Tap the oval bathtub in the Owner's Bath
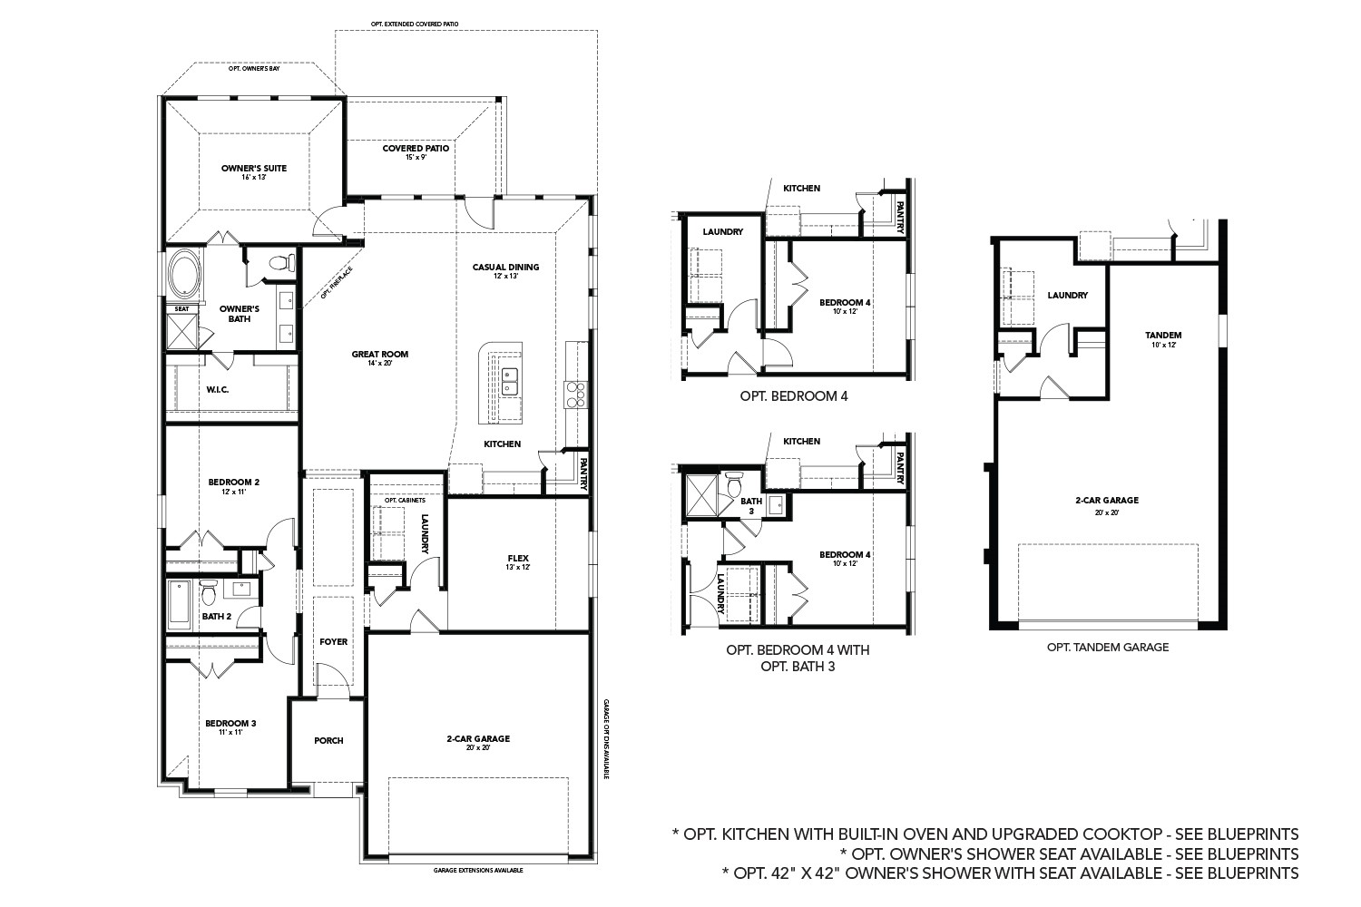click(184, 274)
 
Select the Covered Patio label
click(416, 148)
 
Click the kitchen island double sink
click(509, 381)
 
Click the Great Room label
click(380, 355)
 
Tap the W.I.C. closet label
click(217, 390)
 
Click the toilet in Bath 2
click(209, 592)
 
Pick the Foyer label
click(333, 641)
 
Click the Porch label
click(328, 740)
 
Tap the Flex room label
click(518, 558)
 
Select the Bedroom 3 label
click(230, 723)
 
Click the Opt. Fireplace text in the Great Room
click(335, 282)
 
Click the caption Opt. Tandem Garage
click(1107, 648)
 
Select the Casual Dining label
click(505, 267)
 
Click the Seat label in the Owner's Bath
click(181, 308)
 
